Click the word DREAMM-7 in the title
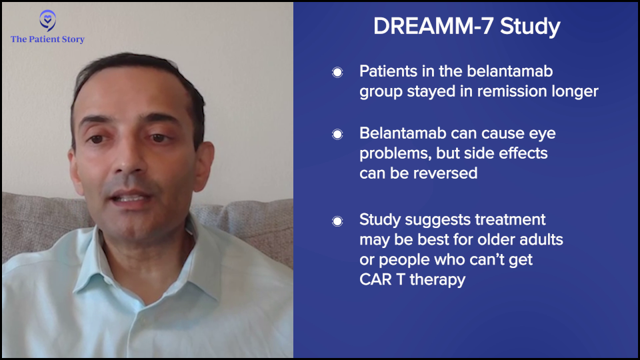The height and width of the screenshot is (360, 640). [433, 26]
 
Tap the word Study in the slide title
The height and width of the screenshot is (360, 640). [530, 27]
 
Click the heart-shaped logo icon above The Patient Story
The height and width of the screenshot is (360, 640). [48, 21]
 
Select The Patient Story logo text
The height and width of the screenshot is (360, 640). [48, 39]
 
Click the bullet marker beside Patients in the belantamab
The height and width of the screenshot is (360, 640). [337, 73]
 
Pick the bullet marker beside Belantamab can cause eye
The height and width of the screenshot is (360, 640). [337, 134]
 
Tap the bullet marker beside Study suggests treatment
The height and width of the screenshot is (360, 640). [337, 221]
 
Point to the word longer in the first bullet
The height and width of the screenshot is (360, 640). [575, 92]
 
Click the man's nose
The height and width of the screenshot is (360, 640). [131, 161]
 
